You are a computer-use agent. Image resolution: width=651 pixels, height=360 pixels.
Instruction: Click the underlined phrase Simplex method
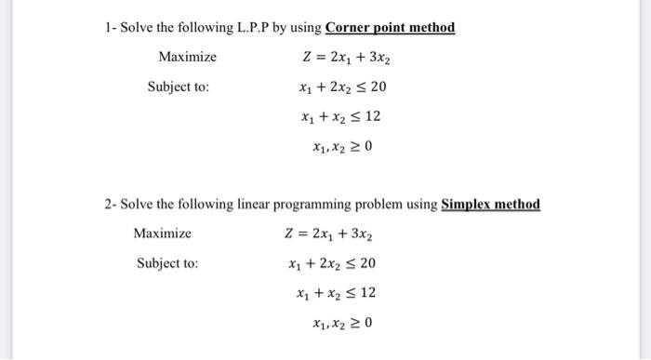click(490, 205)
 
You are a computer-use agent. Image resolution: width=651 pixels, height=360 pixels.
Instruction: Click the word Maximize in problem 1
click(187, 57)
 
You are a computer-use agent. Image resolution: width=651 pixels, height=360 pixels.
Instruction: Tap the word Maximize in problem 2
click(162, 233)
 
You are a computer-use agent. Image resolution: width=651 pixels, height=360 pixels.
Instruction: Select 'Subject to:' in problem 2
click(167, 262)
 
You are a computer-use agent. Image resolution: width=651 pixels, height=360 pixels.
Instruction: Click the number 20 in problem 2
click(366, 262)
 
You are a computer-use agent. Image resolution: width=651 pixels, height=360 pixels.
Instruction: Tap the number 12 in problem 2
click(366, 293)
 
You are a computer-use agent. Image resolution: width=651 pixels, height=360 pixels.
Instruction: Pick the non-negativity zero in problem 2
click(365, 323)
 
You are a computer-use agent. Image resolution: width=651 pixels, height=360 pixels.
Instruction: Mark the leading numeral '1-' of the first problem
click(111, 28)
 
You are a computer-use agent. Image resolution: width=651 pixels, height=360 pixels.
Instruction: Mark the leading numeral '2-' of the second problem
click(111, 205)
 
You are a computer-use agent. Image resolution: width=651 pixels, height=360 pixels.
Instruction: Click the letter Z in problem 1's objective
click(308, 57)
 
